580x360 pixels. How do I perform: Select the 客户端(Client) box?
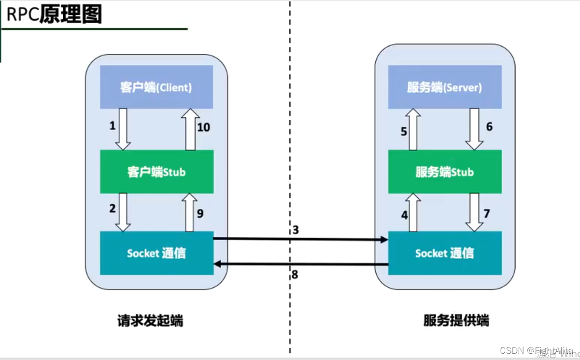(156, 87)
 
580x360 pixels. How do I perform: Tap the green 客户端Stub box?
(156, 172)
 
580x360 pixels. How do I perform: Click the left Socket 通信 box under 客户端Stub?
(156, 253)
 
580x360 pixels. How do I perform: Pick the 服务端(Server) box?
(445, 87)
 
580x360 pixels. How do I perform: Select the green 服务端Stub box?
(445, 172)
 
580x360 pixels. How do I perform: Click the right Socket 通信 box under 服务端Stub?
(445, 253)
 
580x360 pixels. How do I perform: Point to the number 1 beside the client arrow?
(113, 126)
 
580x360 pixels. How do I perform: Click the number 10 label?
(204, 127)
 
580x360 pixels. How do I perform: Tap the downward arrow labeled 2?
(123, 212)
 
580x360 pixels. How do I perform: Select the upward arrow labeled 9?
(190, 212)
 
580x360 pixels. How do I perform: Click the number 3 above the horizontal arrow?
(296, 230)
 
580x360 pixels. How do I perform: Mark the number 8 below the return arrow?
(295, 275)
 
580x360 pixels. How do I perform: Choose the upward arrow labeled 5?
(413, 129)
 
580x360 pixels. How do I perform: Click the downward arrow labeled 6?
(474, 129)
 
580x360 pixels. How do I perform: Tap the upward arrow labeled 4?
(413, 212)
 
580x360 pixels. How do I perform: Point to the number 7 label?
(487, 213)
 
